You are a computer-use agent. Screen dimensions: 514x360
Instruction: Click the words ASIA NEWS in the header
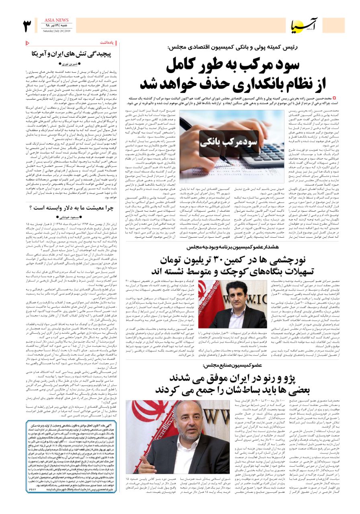point(57,20)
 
